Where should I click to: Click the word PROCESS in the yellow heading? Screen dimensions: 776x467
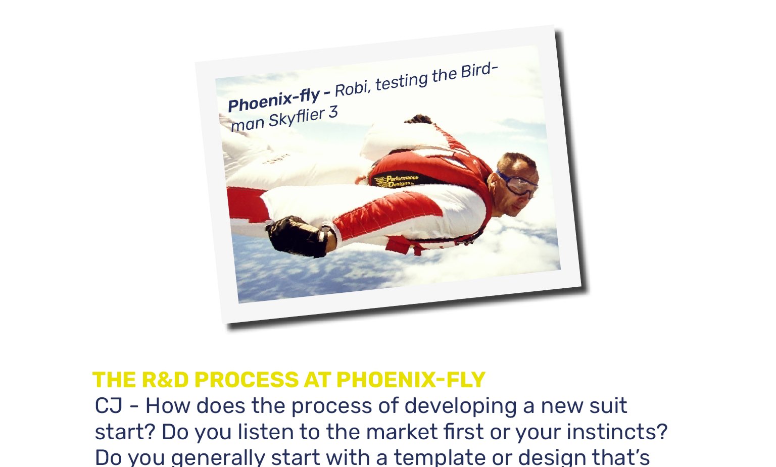(247, 380)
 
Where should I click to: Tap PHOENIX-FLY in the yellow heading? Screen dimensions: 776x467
(411, 380)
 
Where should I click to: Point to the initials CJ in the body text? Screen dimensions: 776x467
(109, 406)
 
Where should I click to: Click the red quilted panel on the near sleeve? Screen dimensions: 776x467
(386, 215)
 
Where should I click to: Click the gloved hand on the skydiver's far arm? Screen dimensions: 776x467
(418, 119)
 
